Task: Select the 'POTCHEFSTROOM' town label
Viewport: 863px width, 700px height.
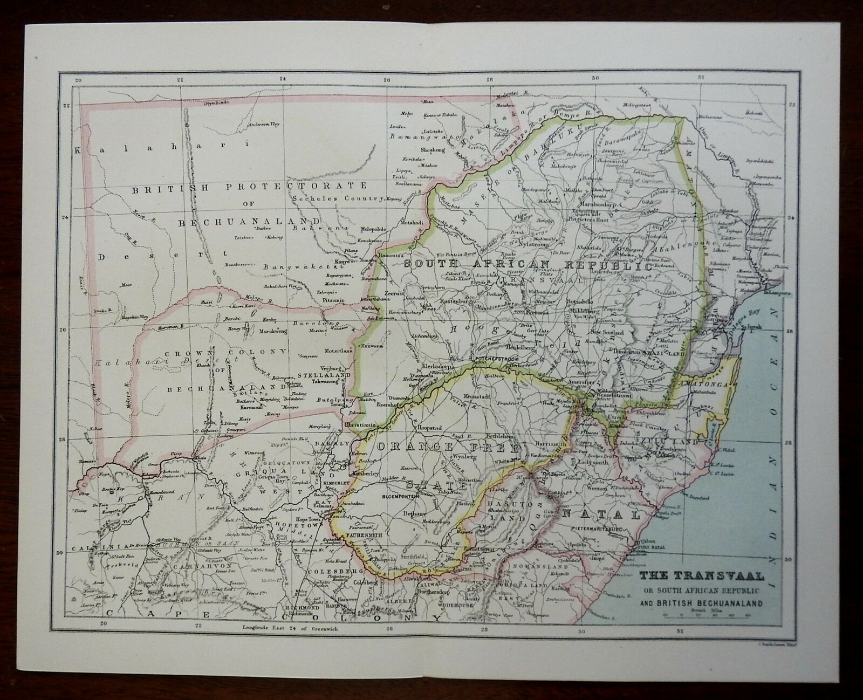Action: click(x=490, y=358)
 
